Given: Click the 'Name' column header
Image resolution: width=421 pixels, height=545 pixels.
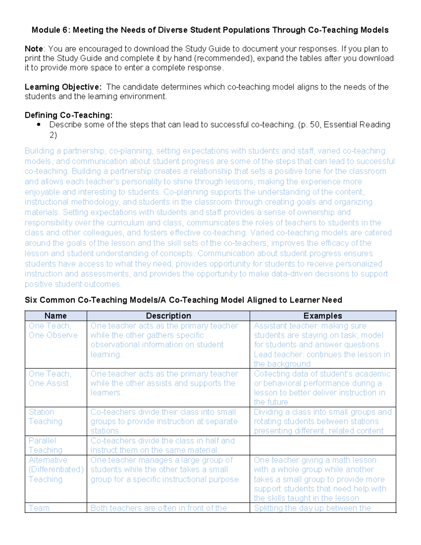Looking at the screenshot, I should (55, 316).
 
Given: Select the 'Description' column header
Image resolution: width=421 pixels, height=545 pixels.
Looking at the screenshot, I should (168, 316).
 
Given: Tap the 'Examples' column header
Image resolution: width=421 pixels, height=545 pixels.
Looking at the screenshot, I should (323, 316).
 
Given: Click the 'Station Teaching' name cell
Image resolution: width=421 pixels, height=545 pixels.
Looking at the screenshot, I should (46, 417).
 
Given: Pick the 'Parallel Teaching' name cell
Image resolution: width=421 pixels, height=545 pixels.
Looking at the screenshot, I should (46, 445).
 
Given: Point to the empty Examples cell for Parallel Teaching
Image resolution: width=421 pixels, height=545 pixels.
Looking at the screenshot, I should (323, 445).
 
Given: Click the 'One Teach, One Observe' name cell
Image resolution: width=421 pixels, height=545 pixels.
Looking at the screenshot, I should (53, 331).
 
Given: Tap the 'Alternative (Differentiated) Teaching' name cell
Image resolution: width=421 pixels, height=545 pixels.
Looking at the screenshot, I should (56, 470).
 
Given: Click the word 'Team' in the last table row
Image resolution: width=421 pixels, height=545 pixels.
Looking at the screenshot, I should (39, 508).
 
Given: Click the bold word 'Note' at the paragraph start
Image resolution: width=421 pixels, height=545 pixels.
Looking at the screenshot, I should (34, 49).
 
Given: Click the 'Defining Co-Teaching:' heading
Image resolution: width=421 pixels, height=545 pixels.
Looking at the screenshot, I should (68, 115).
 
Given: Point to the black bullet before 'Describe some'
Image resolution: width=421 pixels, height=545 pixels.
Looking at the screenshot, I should (39, 125).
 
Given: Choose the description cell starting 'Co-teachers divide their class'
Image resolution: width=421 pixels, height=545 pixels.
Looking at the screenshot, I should (164, 421).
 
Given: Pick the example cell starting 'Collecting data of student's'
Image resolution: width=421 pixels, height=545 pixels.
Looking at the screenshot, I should (322, 388).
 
